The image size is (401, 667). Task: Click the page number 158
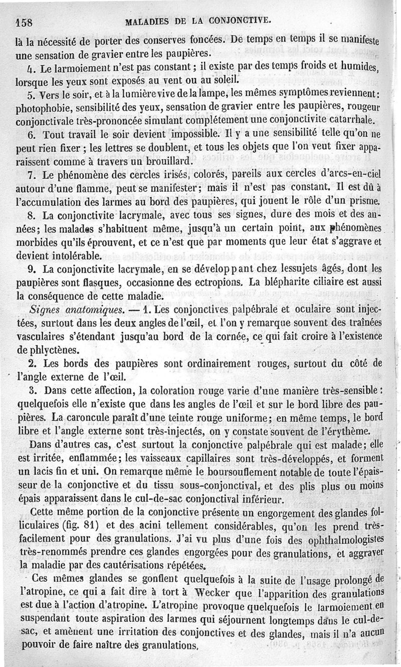[24, 22]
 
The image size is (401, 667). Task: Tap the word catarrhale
[350, 121]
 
